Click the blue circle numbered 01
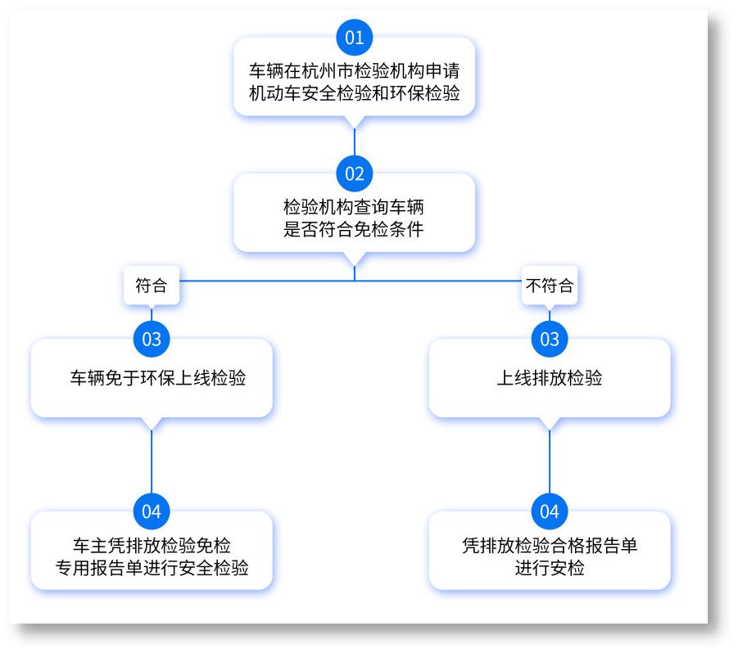pyautogui.click(x=354, y=38)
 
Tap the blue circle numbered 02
pyautogui.click(x=354, y=173)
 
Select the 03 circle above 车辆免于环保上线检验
pyautogui.click(x=152, y=339)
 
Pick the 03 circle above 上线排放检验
pyautogui.click(x=550, y=339)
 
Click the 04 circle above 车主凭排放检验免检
pyautogui.click(x=152, y=512)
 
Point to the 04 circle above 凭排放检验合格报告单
pyautogui.click(x=550, y=512)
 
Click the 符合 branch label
pyautogui.click(x=151, y=286)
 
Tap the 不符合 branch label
pyautogui.click(x=549, y=286)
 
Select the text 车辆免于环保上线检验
pyautogui.click(x=158, y=379)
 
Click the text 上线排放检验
pyautogui.click(x=550, y=379)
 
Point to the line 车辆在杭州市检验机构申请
pyautogui.click(x=354, y=71)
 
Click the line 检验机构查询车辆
pyautogui.click(x=354, y=207)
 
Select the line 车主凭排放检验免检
pyautogui.click(x=152, y=547)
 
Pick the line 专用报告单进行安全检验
pyautogui.click(x=152, y=568)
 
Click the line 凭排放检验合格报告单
pyautogui.click(x=550, y=547)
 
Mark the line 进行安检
pyautogui.click(x=550, y=568)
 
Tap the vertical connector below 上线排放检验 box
pyautogui.click(x=550, y=462)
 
